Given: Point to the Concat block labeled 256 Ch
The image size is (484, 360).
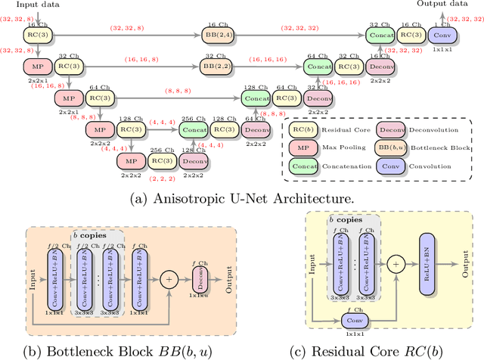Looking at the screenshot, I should pyautogui.click(x=194, y=130).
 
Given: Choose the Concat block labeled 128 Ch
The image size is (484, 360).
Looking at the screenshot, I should pyautogui.click(x=256, y=98).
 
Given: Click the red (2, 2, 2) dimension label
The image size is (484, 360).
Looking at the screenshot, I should pyautogui.click(x=163, y=179).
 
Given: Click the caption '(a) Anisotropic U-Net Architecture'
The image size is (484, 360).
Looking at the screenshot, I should pyautogui.click(x=241, y=199).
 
